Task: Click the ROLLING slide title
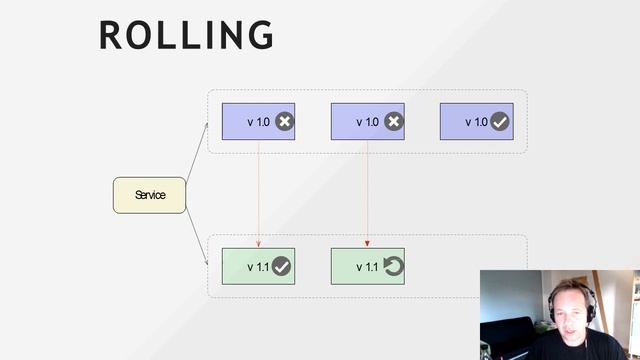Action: [x=186, y=35]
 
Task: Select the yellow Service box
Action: [x=149, y=195]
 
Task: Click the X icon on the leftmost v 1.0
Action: [x=284, y=122]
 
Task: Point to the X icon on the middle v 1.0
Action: [x=393, y=122]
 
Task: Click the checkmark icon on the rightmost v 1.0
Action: [x=500, y=122]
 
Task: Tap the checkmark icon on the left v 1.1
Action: [x=282, y=266]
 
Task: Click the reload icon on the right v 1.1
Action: [x=393, y=266]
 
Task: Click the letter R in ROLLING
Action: [x=111, y=35]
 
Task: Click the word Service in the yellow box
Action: [x=150, y=195]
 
